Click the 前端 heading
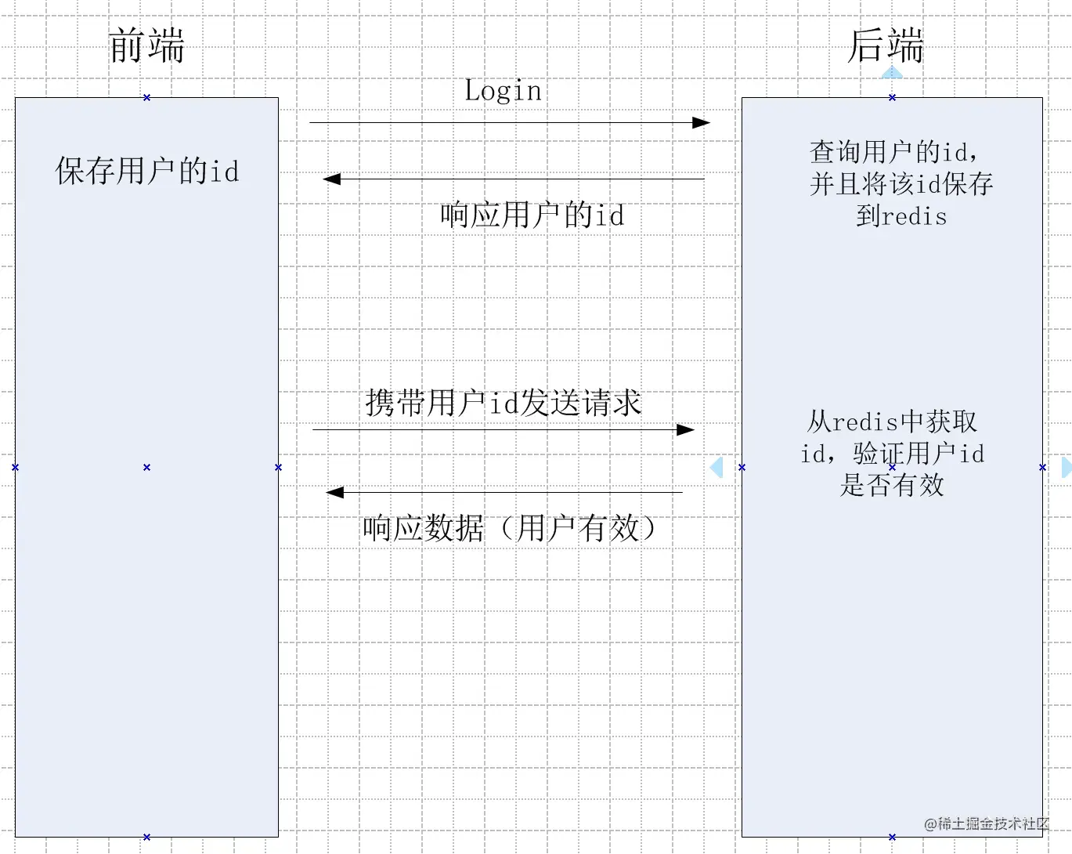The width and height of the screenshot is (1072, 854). (x=146, y=45)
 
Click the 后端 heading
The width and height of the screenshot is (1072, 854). (x=886, y=45)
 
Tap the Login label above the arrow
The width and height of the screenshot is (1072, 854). (x=503, y=91)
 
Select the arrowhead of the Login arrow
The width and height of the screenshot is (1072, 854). (x=702, y=122)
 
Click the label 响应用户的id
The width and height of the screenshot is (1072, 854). (x=532, y=215)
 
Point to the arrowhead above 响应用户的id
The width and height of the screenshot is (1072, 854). (x=332, y=179)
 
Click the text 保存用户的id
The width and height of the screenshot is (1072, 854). (x=146, y=171)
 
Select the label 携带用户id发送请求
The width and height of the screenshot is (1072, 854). (x=503, y=403)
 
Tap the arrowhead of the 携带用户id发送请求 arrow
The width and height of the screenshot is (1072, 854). (x=686, y=429)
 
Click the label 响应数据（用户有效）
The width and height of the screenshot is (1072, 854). (x=509, y=528)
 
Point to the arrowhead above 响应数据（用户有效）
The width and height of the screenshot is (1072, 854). (x=335, y=492)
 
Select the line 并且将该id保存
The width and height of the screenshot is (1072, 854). (x=901, y=184)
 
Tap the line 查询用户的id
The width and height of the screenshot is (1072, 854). (x=893, y=151)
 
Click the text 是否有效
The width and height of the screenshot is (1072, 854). (x=892, y=485)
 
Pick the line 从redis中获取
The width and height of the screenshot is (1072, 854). (x=892, y=422)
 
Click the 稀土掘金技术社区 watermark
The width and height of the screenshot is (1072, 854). (x=986, y=823)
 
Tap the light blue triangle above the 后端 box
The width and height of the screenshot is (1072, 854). (x=892, y=74)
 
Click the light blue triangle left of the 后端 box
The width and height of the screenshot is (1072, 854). (x=717, y=467)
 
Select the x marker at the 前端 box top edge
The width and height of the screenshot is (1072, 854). (x=146, y=97)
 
